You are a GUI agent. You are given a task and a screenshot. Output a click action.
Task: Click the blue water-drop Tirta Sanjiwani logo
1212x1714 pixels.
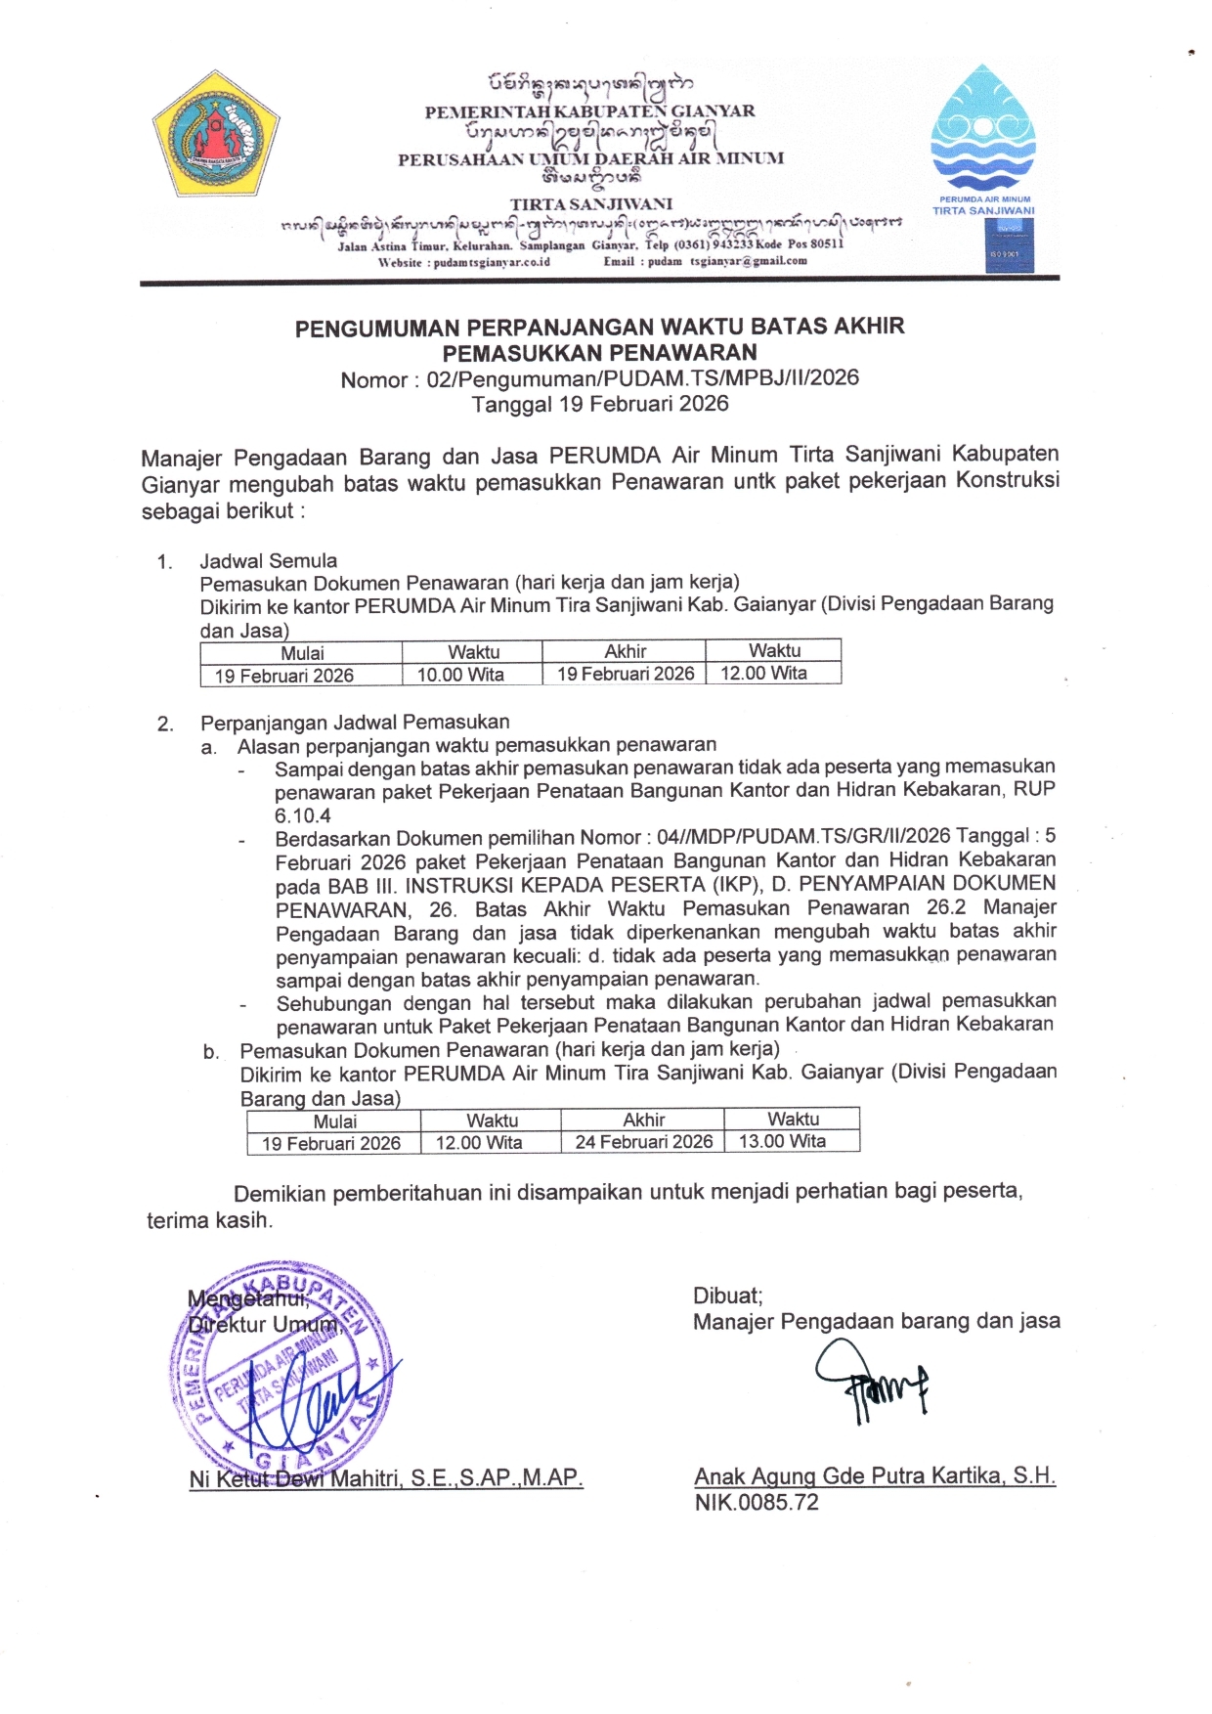click(x=982, y=127)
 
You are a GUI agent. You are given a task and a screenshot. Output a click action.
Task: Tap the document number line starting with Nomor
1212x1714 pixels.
click(x=599, y=379)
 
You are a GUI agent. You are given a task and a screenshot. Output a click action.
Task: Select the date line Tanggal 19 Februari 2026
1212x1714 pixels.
click(x=599, y=404)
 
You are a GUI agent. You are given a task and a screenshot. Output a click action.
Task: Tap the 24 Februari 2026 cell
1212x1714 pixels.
click(x=643, y=1141)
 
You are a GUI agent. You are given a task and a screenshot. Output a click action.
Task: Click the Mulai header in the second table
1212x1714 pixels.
click(x=334, y=1121)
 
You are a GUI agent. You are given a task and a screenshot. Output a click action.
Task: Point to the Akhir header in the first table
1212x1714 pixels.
click(x=625, y=651)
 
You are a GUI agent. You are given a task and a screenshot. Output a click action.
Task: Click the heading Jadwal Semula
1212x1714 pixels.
click(x=269, y=561)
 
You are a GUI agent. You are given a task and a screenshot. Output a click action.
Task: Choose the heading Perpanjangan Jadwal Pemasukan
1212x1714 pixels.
click(x=355, y=723)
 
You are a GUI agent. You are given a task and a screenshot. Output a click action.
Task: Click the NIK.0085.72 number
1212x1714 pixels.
click(x=757, y=1503)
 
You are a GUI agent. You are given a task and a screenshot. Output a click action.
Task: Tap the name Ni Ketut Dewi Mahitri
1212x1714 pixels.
click(x=293, y=1478)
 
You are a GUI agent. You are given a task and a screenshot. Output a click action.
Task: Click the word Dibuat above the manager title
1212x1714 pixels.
click(x=727, y=1296)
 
